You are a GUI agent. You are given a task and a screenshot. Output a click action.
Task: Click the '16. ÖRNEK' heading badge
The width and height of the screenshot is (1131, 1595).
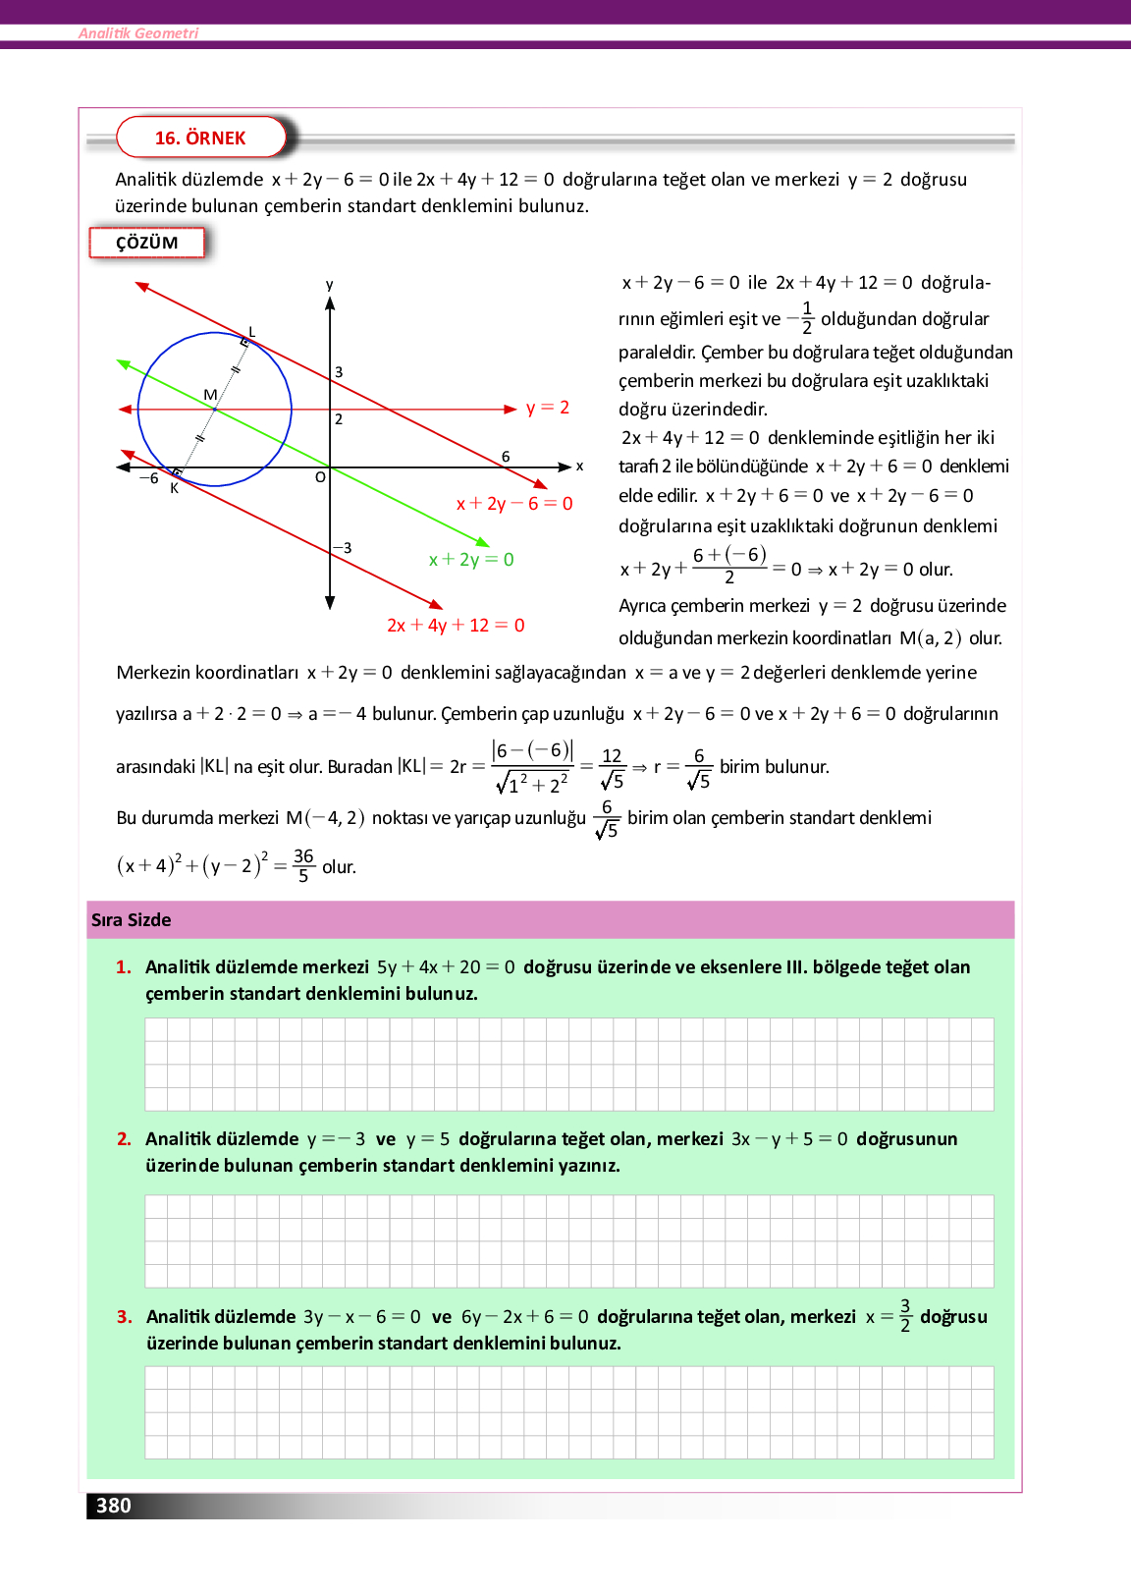coord(200,137)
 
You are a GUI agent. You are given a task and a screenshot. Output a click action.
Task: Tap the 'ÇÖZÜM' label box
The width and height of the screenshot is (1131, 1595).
coord(147,243)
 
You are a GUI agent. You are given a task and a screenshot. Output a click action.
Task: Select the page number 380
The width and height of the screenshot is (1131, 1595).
coord(114,1506)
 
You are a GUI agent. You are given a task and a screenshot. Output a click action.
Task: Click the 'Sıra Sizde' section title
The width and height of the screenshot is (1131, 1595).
coord(132,920)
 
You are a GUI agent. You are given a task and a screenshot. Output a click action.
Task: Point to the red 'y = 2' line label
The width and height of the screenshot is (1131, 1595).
coord(548,408)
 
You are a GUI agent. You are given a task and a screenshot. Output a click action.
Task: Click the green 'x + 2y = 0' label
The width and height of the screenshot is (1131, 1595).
coord(471,560)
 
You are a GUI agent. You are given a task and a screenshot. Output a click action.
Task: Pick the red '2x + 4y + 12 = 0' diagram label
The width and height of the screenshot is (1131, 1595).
coord(456,626)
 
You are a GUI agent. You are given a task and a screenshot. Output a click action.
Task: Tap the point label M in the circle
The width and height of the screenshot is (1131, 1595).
coord(210,395)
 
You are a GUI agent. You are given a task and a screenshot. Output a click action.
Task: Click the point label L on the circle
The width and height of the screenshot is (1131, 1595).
coord(251,332)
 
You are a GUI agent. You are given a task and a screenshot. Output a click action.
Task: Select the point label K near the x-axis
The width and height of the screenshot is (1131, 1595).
coord(175,488)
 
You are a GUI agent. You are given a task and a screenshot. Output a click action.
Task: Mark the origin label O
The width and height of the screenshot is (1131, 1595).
coord(320,478)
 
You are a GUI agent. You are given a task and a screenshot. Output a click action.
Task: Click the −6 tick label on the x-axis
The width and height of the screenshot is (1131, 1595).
coord(148,478)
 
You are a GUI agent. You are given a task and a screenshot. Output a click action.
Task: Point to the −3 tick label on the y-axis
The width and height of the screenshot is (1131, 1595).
coord(343,548)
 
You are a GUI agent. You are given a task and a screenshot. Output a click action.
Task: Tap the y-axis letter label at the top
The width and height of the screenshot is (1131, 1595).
coord(330,285)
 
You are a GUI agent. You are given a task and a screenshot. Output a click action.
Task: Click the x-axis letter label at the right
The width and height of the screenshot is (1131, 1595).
coord(579,467)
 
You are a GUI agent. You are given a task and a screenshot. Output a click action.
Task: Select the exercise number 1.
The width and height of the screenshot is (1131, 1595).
coord(124,967)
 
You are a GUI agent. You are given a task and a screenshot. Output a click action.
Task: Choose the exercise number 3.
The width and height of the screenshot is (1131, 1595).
coord(124,1317)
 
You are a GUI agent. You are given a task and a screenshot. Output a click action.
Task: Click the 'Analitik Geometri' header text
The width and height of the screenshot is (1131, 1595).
coord(138,33)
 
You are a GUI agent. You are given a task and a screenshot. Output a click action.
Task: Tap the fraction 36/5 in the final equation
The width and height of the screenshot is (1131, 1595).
coord(303,865)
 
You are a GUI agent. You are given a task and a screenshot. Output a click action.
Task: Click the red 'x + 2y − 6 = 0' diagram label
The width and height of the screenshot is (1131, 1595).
coord(514,504)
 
